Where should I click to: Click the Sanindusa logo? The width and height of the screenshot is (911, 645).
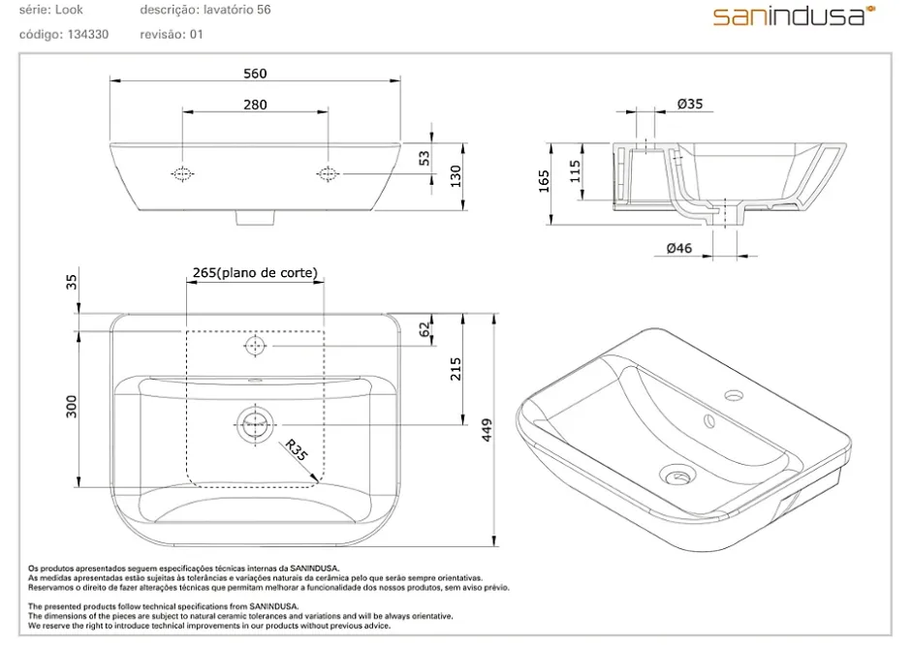coord(795,15)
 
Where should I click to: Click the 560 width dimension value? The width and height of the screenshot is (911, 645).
coord(255,74)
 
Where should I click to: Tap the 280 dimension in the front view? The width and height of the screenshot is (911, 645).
coord(255,105)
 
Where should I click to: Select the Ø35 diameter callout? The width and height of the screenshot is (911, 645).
coord(690,104)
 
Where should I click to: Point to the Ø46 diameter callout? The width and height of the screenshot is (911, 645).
coord(679,249)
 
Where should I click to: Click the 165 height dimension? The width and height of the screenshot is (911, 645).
coord(544,181)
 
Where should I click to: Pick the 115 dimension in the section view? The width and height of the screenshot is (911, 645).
coord(575,171)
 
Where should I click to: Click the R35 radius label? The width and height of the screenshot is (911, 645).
coord(296,450)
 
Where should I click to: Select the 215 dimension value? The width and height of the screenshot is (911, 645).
coord(455,369)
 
